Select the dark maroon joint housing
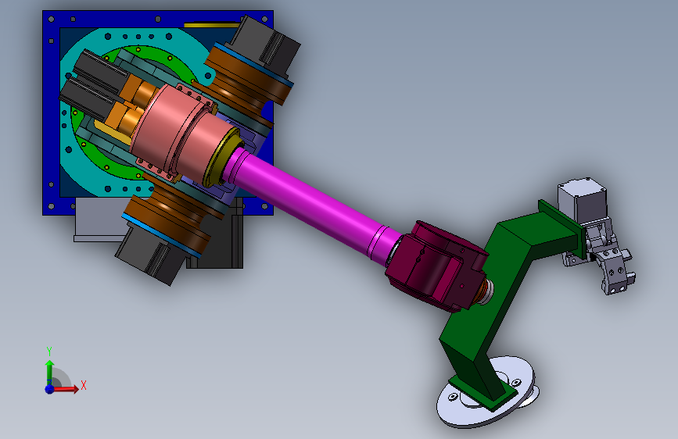coord(436,266)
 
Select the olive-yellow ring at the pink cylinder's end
coord(222,157)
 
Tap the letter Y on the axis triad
coord(49,351)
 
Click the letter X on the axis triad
coord(84,385)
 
